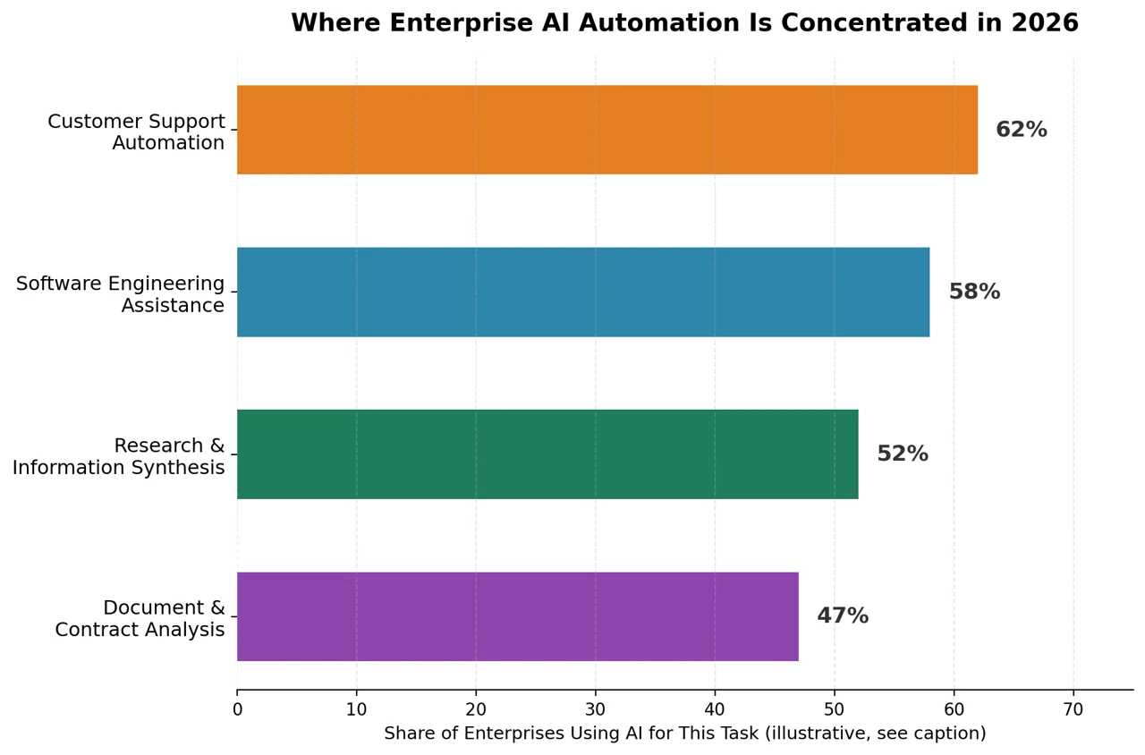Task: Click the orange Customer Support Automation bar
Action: click(607, 130)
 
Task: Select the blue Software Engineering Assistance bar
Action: click(583, 293)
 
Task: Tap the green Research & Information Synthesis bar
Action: click(547, 454)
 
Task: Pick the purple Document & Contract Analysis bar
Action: click(518, 616)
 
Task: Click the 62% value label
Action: click(1022, 130)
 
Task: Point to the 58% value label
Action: click(974, 292)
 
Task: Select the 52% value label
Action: click(903, 454)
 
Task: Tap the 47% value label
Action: click(843, 616)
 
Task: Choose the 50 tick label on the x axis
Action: click(835, 710)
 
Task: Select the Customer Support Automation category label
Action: click(136, 131)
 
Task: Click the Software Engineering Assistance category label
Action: click(120, 294)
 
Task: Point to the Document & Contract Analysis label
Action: click(140, 618)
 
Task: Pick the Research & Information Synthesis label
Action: click(119, 456)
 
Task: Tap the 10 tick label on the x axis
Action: click(356, 710)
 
